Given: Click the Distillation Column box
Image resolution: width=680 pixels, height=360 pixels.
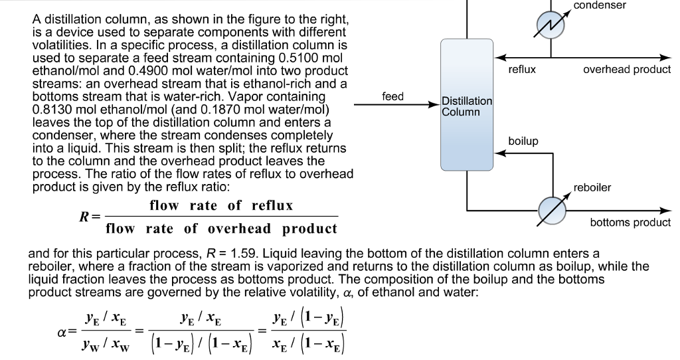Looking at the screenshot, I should tap(466, 105).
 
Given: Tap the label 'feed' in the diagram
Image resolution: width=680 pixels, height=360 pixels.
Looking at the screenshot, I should tap(393, 97).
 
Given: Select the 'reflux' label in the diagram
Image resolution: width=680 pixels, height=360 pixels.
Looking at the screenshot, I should tap(522, 68).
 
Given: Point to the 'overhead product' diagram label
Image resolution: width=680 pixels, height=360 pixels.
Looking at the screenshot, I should tap(627, 68).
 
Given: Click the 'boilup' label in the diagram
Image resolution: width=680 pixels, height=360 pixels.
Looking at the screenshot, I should tap(523, 141).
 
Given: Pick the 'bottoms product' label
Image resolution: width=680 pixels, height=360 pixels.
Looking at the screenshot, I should tap(630, 223).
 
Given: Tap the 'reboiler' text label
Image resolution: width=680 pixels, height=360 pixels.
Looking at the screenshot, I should tap(592, 188).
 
